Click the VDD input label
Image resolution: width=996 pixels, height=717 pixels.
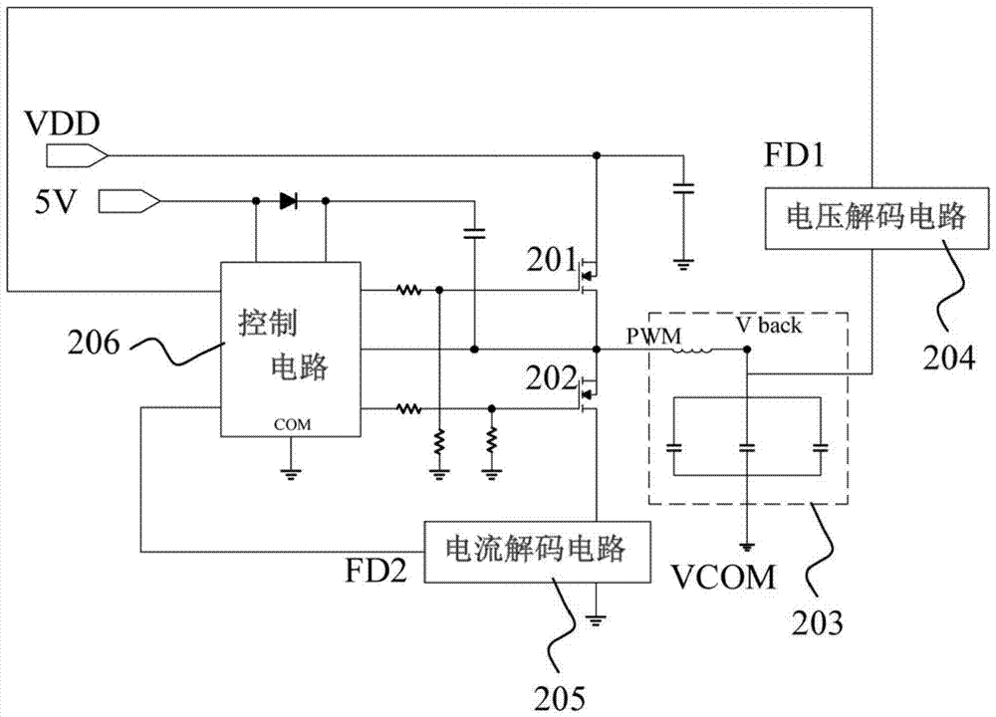tap(62, 126)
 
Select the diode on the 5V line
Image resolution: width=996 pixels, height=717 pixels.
tap(290, 202)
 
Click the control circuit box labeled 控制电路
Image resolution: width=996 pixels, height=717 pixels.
tap(289, 349)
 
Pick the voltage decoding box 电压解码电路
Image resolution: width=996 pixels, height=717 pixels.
tap(833, 218)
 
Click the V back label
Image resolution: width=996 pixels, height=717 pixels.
tap(767, 326)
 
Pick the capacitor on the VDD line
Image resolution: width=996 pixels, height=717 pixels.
tap(682, 188)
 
